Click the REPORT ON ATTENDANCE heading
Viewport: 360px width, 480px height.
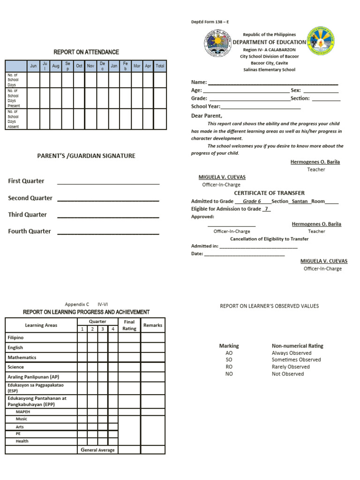[86, 52]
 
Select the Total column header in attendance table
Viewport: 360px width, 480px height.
[160, 66]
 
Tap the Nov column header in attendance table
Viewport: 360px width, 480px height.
[90, 66]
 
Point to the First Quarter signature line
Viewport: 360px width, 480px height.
[108, 184]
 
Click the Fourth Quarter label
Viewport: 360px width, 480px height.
[30, 231]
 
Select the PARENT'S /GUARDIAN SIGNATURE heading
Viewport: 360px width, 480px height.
[86, 156]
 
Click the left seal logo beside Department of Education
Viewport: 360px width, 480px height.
[217, 44]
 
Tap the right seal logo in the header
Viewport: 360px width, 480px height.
[321, 41]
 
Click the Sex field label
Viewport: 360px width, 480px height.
[296, 90]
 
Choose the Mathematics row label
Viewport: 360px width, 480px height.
[22, 357]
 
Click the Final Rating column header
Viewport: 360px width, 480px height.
[129, 325]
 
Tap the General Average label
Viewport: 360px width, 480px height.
[97, 450]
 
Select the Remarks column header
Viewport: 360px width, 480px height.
[153, 325]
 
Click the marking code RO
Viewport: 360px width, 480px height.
[229, 367]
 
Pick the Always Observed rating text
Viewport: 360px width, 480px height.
[291, 353]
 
